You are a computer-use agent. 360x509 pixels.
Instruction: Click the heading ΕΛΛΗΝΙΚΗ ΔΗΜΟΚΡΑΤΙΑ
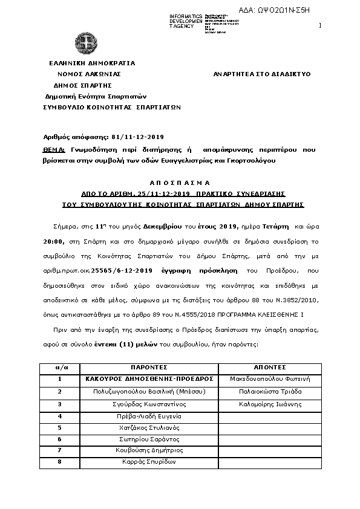[92, 63]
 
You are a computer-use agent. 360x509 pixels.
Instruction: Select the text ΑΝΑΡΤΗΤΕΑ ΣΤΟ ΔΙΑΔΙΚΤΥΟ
[262, 74]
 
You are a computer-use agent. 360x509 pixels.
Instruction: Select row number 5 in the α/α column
[59, 427]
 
